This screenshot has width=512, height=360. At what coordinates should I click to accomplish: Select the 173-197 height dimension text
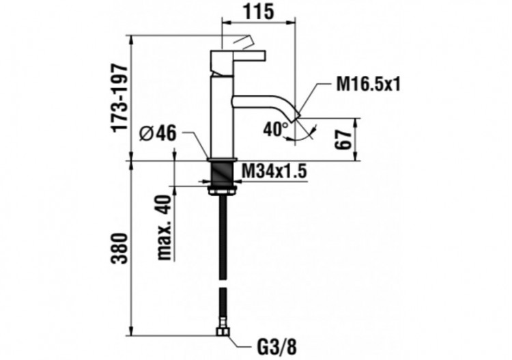120,98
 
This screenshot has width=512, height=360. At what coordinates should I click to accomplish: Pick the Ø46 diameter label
158,134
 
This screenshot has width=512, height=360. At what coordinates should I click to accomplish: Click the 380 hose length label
120,249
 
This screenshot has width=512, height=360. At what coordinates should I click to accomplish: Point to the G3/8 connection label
259,346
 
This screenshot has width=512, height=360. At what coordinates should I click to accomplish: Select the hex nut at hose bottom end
222,334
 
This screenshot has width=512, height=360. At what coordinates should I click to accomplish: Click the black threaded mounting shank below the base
222,175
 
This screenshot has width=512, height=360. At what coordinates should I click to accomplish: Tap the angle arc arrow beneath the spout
300,135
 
